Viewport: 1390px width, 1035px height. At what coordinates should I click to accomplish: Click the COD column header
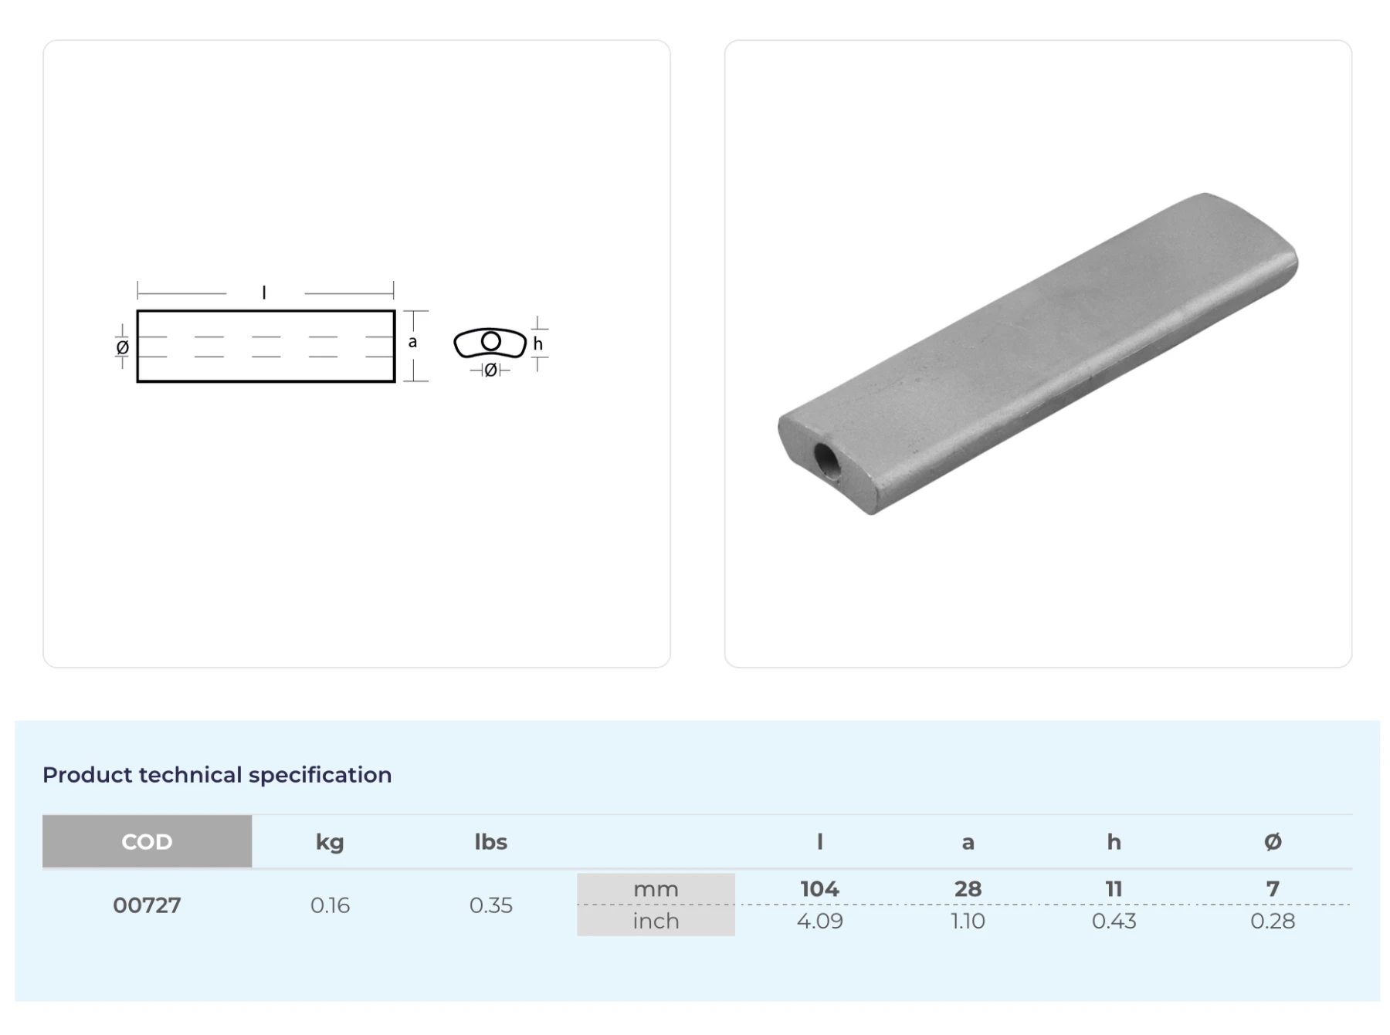pos(147,841)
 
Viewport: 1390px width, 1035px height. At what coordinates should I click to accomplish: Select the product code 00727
pos(147,905)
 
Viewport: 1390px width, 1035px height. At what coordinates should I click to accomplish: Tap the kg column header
pos(330,842)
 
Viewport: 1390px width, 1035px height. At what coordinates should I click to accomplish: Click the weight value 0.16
pos(330,905)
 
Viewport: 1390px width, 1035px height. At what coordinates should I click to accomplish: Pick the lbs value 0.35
pos(490,905)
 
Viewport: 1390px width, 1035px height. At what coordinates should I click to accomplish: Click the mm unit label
pos(656,889)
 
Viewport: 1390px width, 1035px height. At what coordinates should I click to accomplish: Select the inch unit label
pos(656,921)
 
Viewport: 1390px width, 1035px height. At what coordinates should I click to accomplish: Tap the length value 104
pos(819,889)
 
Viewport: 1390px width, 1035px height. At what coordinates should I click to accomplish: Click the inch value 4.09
pos(819,921)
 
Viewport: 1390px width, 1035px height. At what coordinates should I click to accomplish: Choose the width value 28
pos(968,889)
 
